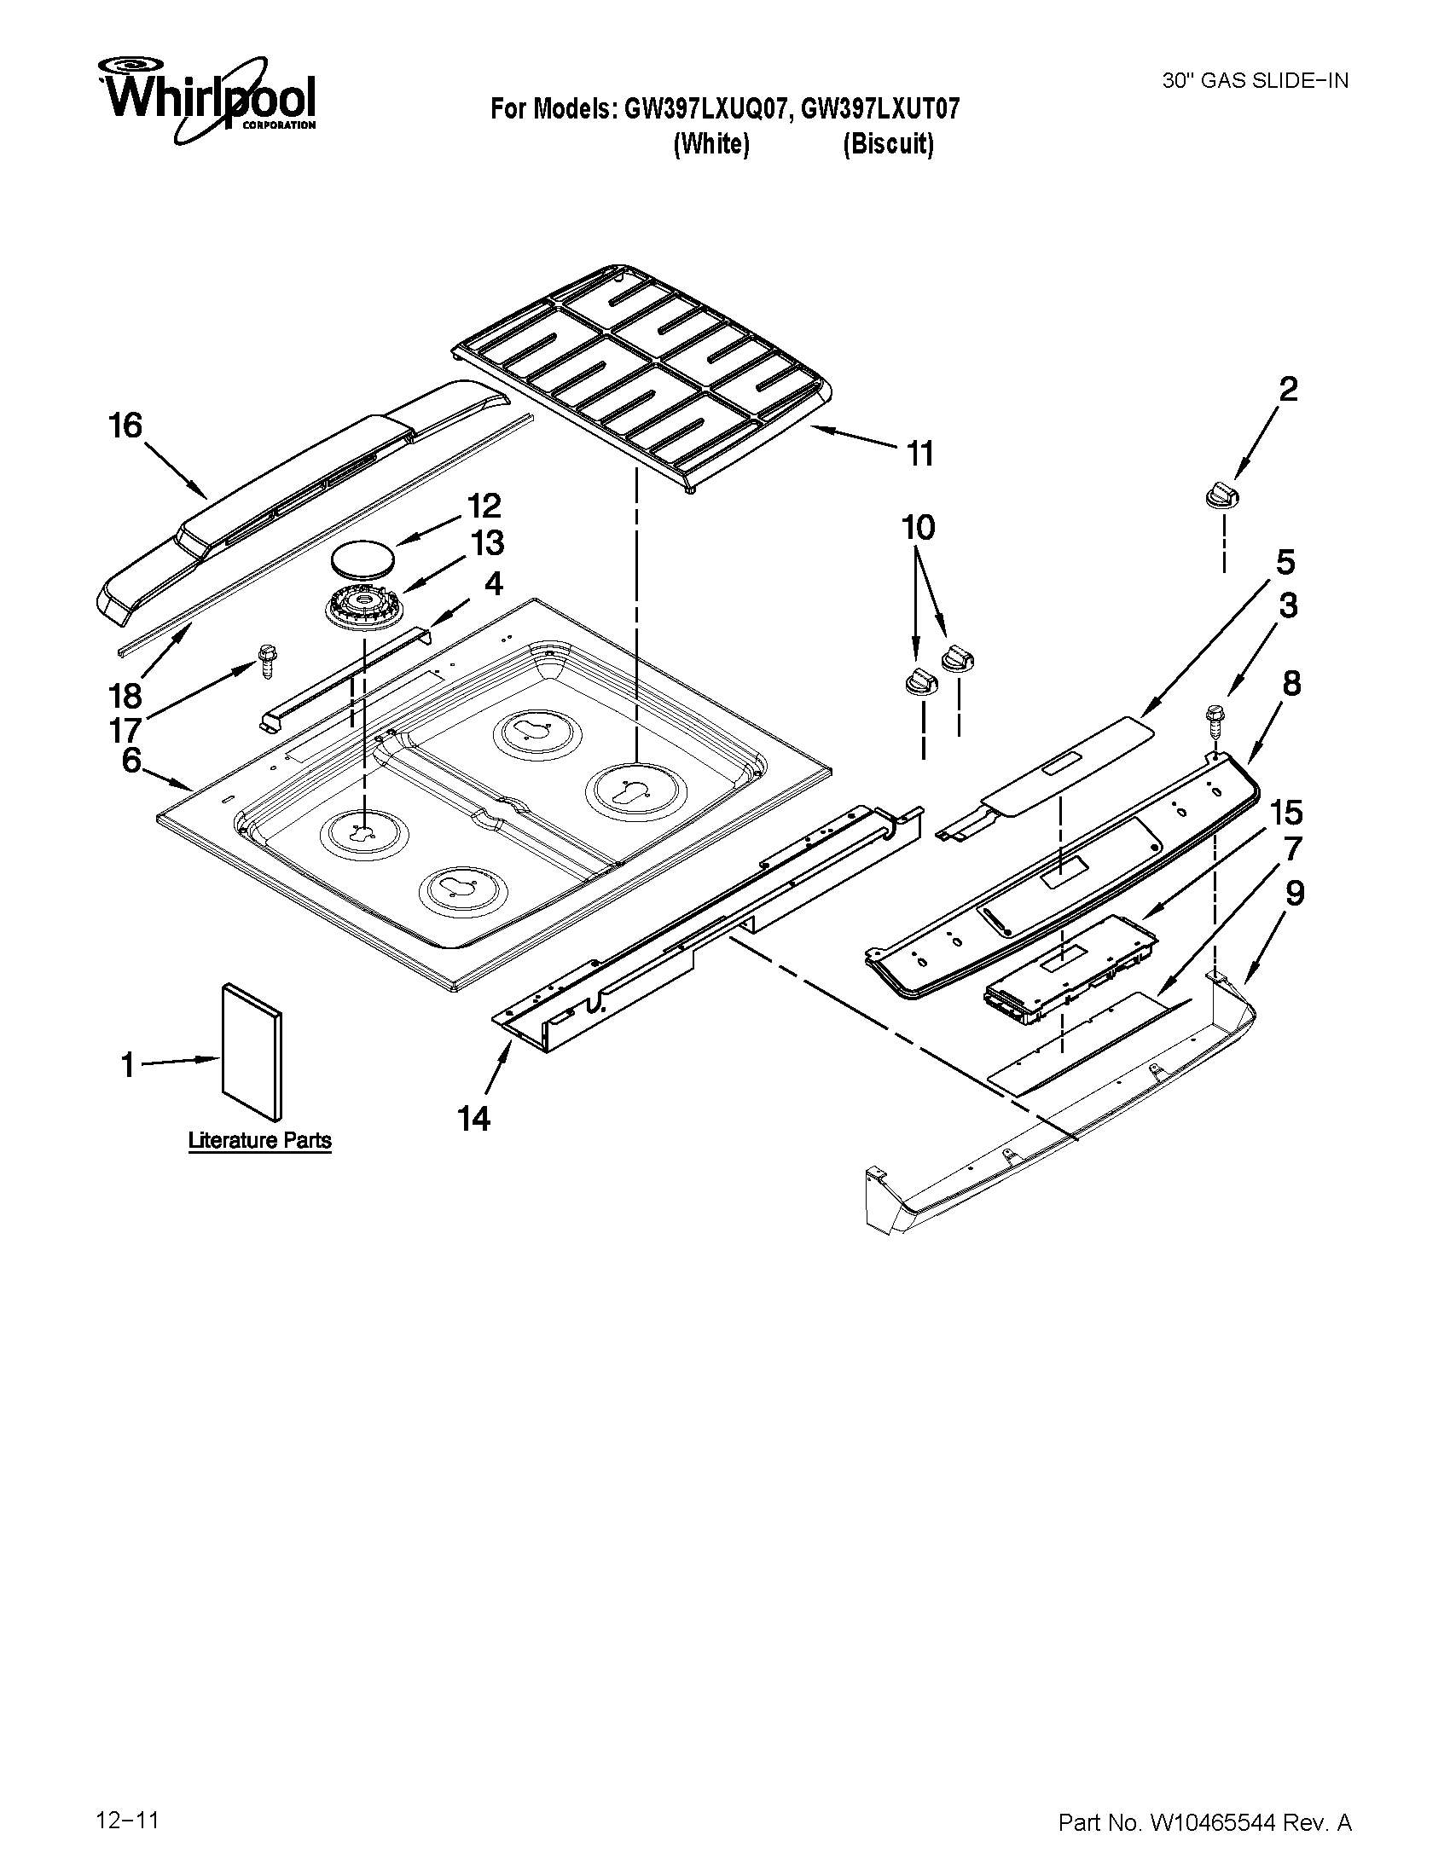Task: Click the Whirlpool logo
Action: click(x=206, y=99)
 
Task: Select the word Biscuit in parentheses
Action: click(x=887, y=144)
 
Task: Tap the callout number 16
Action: click(x=125, y=426)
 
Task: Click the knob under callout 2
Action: click(x=1223, y=497)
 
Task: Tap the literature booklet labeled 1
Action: click(x=251, y=1051)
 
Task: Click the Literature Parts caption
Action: click(x=259, y=1141)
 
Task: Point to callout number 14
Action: click(x=473, y=1119)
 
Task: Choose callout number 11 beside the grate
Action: click(x=920, y=453)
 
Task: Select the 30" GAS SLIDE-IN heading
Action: click(x=1255, y=81)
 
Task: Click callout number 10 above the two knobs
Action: click(x=918, y=527)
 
